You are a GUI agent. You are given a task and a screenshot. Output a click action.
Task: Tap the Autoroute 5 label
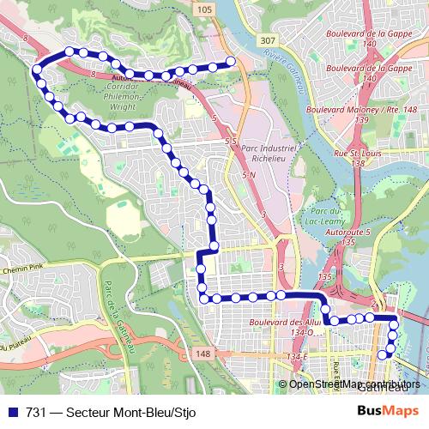click(x=347, y=238)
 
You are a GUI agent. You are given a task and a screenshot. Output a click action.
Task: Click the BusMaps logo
click(x=387, y=411)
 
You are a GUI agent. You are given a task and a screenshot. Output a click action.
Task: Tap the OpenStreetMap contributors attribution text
click(x=354, y=384)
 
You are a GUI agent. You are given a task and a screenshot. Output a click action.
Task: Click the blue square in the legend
click(x=13, y=412)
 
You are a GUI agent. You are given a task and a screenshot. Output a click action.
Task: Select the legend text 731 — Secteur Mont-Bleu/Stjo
click(x=112, y=412)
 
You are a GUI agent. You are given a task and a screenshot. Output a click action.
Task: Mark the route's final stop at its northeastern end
click(x=230, y=61)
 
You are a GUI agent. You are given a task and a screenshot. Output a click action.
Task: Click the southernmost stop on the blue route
click(x=383, y=354)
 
